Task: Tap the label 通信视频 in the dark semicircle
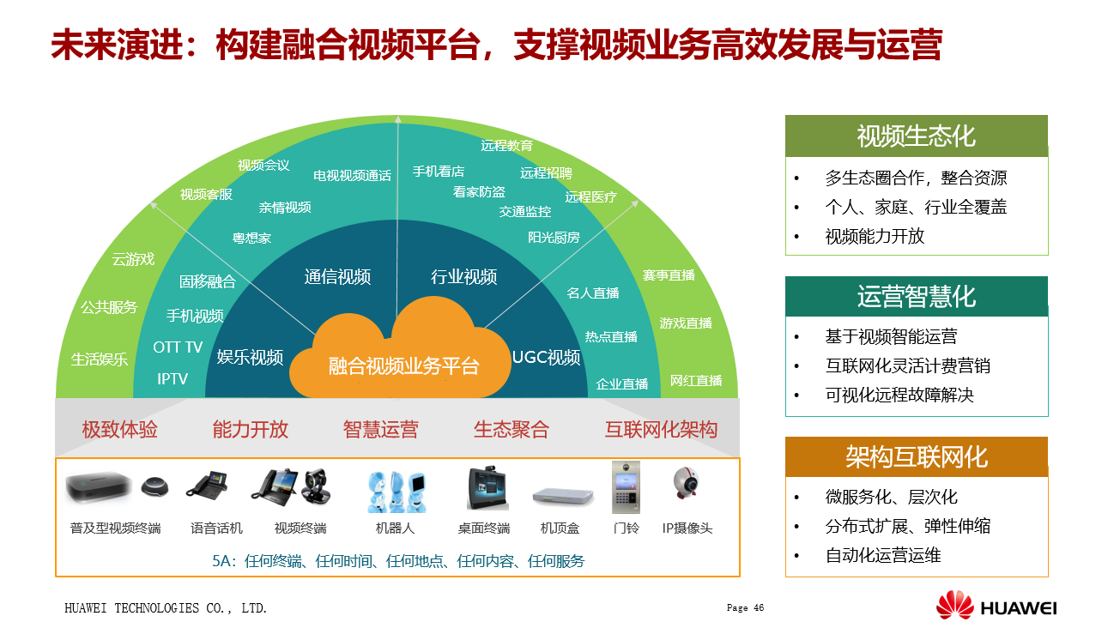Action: point(337,276)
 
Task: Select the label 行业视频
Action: point(464,276)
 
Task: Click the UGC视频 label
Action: point(547,357)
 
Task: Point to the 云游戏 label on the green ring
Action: point(133,259)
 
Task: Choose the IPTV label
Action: point(173,378)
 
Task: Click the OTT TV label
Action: point(178,347)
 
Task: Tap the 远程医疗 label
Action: point(590,197)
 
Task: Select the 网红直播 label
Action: point(696,381)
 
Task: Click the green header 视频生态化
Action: point(917,136)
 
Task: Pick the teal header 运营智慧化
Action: point(917,297)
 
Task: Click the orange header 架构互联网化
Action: point(917,457)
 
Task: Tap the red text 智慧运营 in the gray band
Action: point(380,429)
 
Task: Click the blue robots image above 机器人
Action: point(396,492)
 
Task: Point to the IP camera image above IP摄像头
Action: point(686,484)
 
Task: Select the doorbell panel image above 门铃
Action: point(626,487)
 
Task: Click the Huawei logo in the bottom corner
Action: point(996,606)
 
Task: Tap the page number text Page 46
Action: point(745,607)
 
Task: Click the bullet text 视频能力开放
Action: point(875,236)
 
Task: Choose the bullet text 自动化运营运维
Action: point(883,555)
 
